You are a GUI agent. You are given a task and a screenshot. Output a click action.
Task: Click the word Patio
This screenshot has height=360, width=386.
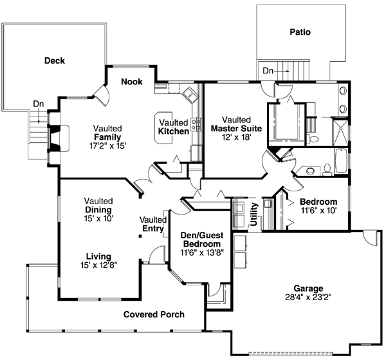click(300, 31)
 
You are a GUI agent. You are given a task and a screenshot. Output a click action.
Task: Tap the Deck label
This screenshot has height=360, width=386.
click(55, 61)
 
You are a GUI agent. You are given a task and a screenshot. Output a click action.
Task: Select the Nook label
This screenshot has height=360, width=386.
click(131, 82)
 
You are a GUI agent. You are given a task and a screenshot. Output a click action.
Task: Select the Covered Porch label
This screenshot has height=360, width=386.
click(154, 314)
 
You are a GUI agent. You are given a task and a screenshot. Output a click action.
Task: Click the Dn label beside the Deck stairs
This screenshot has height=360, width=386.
click(38, 104)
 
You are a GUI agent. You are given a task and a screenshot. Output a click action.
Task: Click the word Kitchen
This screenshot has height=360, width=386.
click(174, 131)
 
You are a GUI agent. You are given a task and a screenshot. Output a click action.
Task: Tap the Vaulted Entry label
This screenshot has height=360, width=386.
click(153, 225)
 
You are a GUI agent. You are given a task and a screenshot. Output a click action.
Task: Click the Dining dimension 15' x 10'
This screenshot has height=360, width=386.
click(98, 219)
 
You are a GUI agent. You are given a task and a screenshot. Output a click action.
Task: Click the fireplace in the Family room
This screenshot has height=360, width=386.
click(57, 138)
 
